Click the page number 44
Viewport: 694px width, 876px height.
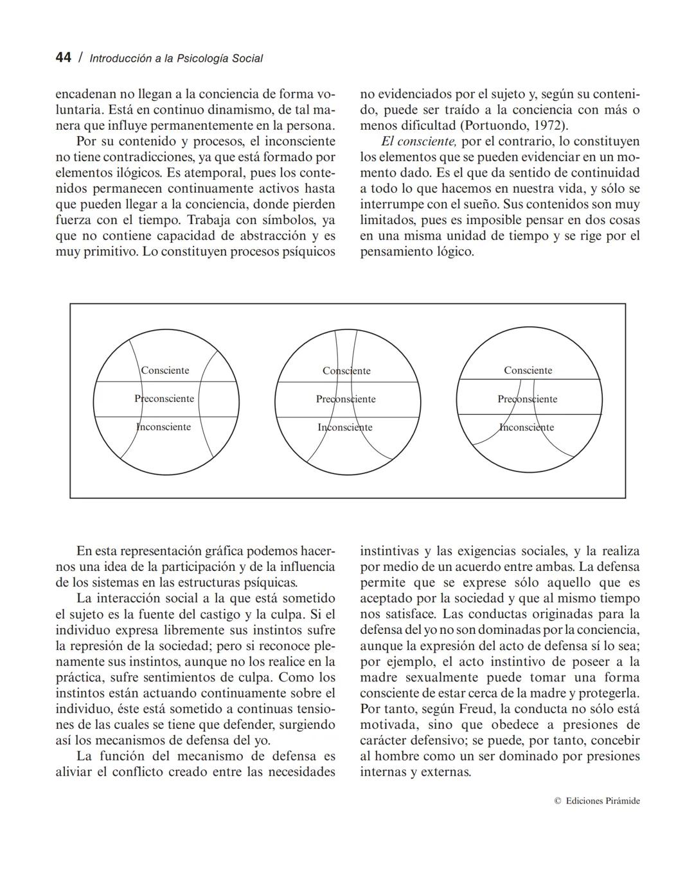[63, 58]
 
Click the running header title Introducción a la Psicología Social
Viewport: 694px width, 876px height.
[176, 58]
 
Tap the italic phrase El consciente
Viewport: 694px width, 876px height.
[418, 141]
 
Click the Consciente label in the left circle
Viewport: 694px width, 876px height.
[165, 371]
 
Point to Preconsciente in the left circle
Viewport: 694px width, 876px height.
[164, 399]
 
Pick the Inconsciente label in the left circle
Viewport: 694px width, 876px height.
[164, 427]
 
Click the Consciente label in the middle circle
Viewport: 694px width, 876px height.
[346, 371]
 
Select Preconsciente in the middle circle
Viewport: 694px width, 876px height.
[346, 399]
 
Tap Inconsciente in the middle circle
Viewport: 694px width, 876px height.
[345, 428]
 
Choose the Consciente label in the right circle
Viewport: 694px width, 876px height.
[528, 371]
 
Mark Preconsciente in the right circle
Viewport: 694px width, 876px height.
[528, 399]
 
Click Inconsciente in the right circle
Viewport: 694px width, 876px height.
[527, 428]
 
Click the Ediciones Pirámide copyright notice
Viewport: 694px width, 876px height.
[597, 801]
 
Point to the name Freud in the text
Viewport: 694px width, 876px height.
[459, 709]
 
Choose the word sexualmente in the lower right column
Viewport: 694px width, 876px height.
[441, 678]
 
